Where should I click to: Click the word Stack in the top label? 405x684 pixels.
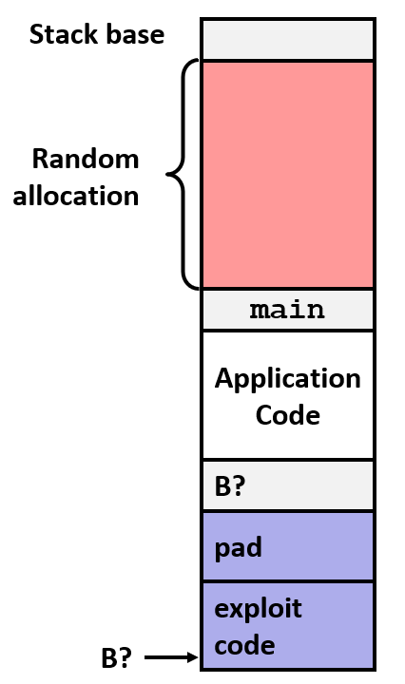63,36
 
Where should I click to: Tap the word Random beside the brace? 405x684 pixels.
86,159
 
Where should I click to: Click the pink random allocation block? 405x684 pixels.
287,174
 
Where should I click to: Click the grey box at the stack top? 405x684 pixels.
287,39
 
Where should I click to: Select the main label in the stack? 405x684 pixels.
287,310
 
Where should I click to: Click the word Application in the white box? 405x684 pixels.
287,378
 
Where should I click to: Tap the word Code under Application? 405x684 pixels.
287,415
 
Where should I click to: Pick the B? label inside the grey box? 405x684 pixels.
230,486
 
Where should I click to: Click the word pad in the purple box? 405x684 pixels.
238,547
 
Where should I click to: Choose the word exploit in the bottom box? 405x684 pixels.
258,608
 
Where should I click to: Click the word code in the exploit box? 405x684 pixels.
244,645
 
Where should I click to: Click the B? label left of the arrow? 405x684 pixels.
117,658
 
